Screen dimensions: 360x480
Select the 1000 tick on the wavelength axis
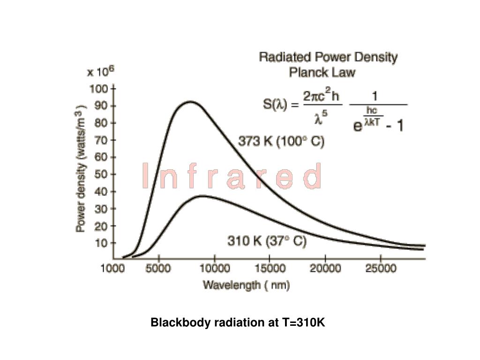(x=113, y=269)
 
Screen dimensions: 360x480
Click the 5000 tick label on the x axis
(x=159, y=269)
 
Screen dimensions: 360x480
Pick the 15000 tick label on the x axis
(x=270, y=269)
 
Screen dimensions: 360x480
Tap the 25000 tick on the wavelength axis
(x=380, y=269)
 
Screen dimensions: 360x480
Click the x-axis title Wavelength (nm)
(x=246, y=285)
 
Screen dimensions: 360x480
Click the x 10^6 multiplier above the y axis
(x=100, y=72)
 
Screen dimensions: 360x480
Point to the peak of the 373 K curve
(x=190, y=101)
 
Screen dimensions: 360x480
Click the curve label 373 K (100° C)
(x=281, y=141)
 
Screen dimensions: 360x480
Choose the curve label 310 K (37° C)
(x=267, y=241)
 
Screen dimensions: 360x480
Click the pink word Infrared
(x=232, y=177)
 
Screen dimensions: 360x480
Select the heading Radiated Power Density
(x=328, y=58)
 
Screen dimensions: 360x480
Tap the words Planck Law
(x=322, y=73)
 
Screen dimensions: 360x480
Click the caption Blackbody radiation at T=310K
(x=237, y=323)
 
